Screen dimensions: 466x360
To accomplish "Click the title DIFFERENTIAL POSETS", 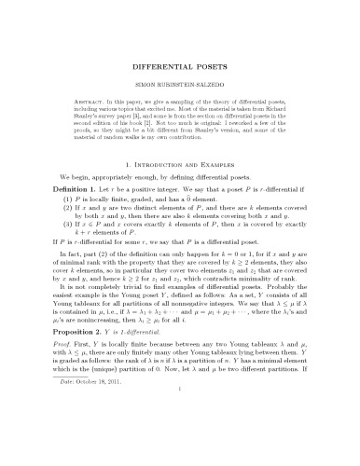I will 179,67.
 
